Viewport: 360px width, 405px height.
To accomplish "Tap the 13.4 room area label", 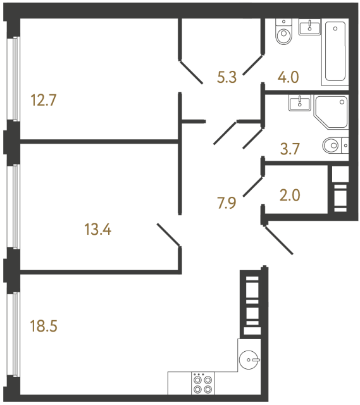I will point(97,229).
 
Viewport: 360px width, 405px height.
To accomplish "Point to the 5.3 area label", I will point(228,78).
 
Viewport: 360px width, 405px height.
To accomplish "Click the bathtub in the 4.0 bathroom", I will point(336,52).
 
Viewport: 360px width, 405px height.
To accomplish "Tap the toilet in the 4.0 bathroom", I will point(284,34).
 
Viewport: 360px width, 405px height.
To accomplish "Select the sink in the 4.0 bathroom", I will point(310,26).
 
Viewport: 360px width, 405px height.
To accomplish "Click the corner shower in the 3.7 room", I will point(332,115).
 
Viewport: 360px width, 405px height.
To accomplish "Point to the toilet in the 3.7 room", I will point(333,146).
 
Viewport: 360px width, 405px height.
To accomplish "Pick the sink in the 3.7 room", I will point(298,103).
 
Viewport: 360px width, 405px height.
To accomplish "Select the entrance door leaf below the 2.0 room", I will point(278,239).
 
